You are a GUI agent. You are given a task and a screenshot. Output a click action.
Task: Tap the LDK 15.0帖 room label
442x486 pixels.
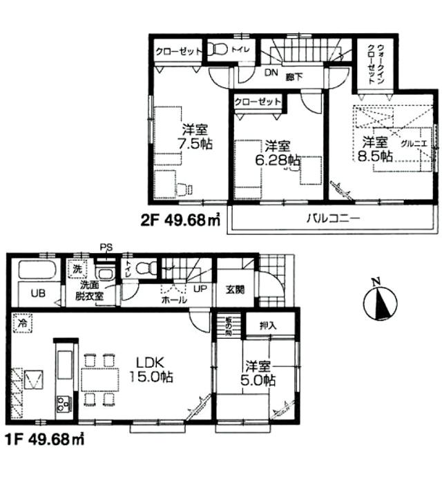tap(150, 370)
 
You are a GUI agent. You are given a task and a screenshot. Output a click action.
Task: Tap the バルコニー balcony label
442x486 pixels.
tap(334, 219)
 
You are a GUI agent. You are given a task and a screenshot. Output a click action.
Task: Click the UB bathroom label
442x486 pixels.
tap(36, 293)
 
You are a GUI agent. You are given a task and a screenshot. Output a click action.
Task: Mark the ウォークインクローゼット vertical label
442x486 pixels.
tap(376, 62)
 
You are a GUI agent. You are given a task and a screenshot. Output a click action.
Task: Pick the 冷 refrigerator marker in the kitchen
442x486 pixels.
tap(23, 321)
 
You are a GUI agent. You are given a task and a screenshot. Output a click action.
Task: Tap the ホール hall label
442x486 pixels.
tap(173, 301)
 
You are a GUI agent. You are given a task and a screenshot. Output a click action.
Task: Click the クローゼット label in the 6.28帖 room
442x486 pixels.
tap(258, 102)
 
